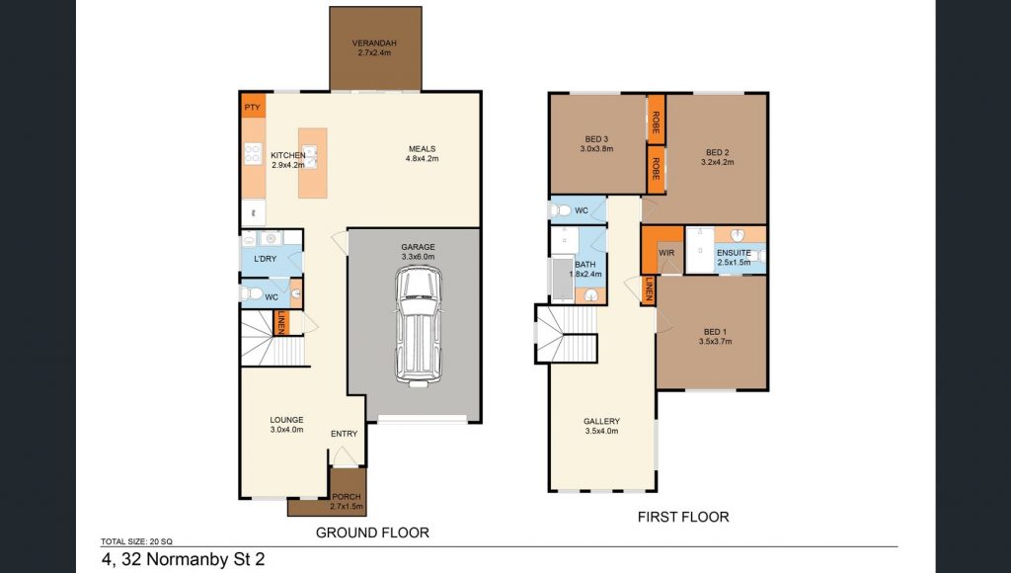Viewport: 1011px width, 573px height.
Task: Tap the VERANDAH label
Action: (374, 43)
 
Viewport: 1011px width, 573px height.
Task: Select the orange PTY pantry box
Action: (253, 107)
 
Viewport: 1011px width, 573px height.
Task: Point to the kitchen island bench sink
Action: (310, 157)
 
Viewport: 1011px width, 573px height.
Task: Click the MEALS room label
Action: (422, 149)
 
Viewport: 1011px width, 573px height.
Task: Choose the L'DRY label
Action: (265, 259)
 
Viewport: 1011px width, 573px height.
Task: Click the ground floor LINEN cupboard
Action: (281, 323)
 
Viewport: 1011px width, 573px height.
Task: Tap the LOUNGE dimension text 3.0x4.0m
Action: (286, 430)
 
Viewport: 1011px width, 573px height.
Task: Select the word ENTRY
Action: (344, 434)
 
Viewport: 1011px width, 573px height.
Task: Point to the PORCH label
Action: (347, 497)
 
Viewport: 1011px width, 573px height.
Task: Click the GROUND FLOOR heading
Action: (372, 532)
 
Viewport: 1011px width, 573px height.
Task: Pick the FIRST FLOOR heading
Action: (683, 517)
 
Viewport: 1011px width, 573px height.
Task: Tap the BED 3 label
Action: (596, 138)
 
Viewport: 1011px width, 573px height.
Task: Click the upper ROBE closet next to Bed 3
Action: (656, 122)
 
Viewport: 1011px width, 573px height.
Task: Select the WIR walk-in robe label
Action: (666, 253)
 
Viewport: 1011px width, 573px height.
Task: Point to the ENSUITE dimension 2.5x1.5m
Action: (734, 263)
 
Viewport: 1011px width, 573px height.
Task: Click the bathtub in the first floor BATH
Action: (562, 279)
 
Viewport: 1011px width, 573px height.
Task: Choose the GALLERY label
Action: (601, 422)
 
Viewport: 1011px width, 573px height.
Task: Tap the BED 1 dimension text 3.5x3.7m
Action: (715, 342)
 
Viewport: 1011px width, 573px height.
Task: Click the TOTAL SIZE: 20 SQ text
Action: (136, 542)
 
